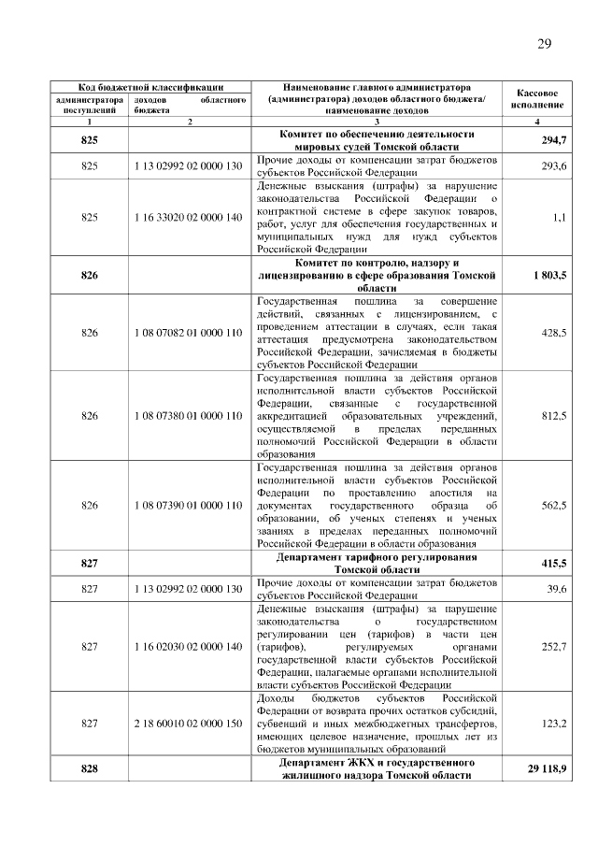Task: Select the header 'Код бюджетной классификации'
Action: pyautogui.click(x=149, y=86)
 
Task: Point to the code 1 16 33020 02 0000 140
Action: pyautogui.click(x=188, y=217)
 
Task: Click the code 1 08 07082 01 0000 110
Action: pyautogui.click(x=188, y=333)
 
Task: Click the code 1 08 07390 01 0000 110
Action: pyautogui.click(x=188, y=505)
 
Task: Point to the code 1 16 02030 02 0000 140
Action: pyautogui.click(x=188, y=646)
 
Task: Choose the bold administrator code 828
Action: pyautogui.click(x=90, y=768)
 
